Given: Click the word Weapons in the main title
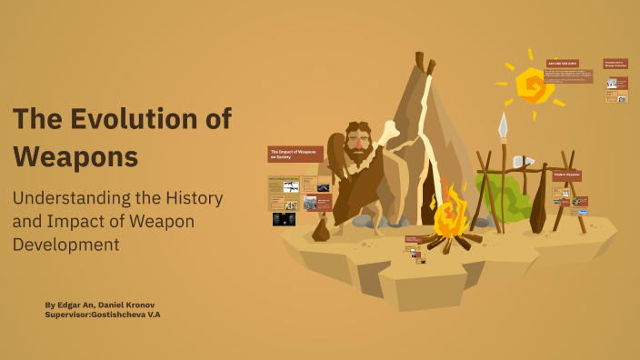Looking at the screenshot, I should pyautogui.click(x=75, y=155).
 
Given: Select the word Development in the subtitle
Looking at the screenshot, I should pyautogui.click(x=65, y=244).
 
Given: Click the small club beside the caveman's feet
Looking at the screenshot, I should pyautogui.click(x=321, y=229).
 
